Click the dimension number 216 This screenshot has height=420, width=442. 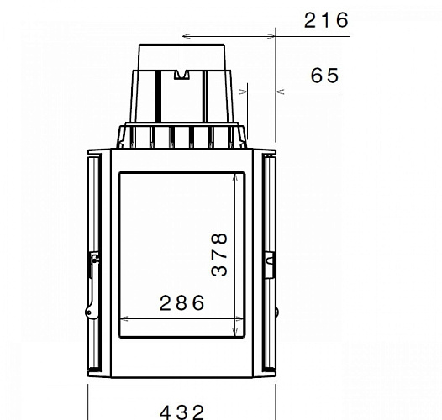pos(325,20)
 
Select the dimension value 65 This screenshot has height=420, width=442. pos(324,76)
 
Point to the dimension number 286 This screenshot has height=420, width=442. pos(182,303)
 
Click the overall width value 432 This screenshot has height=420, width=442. pos(182,411)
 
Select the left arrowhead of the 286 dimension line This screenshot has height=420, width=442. pos(124,318)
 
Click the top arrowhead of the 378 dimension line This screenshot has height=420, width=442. pos(234,176)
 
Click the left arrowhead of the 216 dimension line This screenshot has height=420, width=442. pos(186,36)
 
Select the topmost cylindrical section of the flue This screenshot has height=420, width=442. pos(182,55)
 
